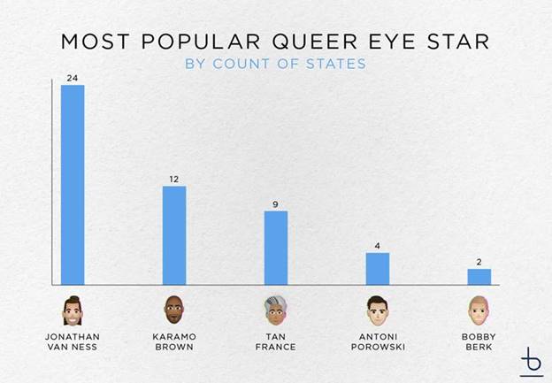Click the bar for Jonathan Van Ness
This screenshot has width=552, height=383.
72,185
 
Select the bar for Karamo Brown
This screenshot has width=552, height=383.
174,235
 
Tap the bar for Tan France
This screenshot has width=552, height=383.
276,248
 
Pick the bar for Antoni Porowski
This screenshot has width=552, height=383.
378,269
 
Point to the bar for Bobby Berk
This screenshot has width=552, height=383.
479,277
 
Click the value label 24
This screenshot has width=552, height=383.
72,79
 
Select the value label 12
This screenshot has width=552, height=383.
174,180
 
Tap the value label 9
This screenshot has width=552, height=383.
276,204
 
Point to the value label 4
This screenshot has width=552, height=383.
378,247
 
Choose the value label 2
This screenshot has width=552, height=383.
479,263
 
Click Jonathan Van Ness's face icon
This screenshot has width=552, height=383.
72,310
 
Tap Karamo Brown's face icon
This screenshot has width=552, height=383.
173,310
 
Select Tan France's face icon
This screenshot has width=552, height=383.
276,310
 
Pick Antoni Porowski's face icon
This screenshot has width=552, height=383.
378,310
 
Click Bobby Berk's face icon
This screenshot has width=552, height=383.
479,310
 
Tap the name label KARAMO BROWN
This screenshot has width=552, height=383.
173,341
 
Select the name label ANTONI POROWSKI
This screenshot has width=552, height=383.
378,341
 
